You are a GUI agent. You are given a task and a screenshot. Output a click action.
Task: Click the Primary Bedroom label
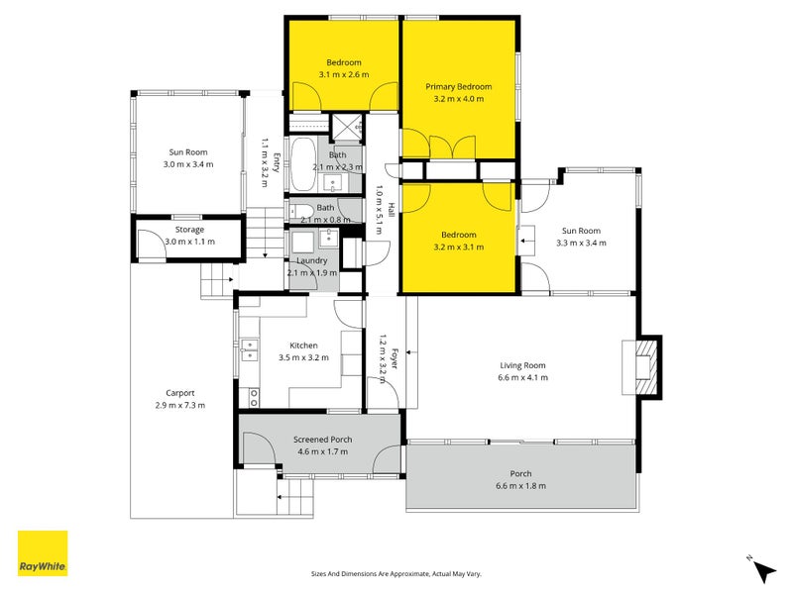459,87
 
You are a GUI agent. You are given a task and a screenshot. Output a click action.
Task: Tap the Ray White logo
43,553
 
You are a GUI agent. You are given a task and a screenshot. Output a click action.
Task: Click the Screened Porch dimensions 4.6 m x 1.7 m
323,452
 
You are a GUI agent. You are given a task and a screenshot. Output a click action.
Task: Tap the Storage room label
188,230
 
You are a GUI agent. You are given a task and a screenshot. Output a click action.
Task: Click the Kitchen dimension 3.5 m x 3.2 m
304,358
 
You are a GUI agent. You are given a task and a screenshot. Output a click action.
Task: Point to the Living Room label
521,364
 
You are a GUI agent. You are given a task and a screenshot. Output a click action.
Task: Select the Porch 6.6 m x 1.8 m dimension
521,486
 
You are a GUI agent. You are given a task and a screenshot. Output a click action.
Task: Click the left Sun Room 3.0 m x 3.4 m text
188,164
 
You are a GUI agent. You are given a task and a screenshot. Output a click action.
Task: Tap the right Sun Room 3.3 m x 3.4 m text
581,243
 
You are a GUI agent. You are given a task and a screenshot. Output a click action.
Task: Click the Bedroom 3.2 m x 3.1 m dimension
459,247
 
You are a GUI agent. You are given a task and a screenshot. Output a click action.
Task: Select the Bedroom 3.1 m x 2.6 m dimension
344,75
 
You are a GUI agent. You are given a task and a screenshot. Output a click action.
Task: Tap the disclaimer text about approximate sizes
396,573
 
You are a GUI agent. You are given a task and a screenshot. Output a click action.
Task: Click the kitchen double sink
247,348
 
